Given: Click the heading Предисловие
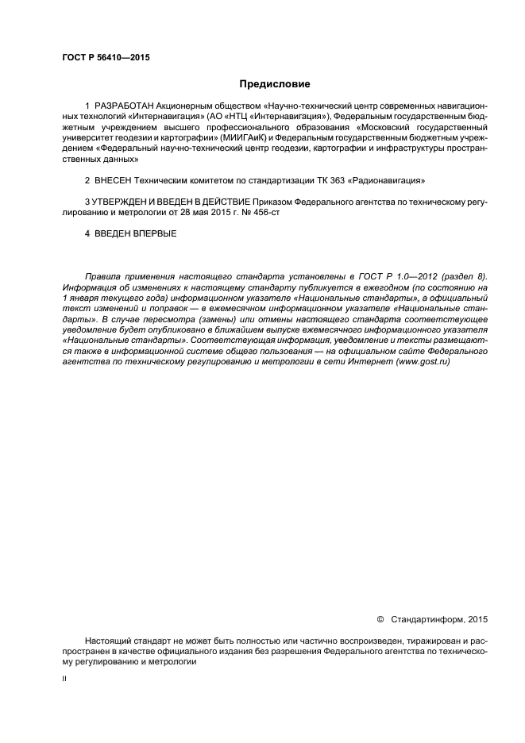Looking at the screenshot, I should (x=275, y=83).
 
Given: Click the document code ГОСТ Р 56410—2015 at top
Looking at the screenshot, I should (x=106, y=58).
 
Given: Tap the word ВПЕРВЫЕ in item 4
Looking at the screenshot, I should (x=156, y=234).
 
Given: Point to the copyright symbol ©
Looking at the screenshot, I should (x=379, y=618).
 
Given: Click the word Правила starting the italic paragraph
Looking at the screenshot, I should (x=102, y=277).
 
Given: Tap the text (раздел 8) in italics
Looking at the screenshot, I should (x=466, y=277).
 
